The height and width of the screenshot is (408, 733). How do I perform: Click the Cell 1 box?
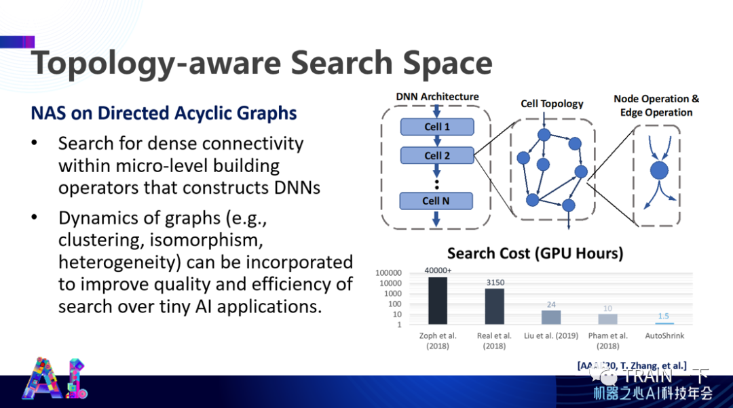pos(436,127)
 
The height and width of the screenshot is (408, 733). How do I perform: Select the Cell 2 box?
pos(436,156)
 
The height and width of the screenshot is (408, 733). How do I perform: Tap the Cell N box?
pos(436,201)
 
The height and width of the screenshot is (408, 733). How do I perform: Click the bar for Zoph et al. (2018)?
pos(438,301)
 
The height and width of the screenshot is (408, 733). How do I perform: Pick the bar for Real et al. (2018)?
pos(494,306)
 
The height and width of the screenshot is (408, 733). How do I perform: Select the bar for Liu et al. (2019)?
pos(550,317)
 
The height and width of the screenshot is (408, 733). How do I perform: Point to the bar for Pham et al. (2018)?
pos(607,319)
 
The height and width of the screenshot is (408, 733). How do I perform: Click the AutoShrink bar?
pos(664,323)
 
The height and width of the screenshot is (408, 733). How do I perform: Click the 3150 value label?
pos(495,283)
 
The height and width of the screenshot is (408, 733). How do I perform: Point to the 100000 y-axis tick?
pos(389,272)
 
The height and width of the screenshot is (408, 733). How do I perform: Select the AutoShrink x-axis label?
pos(664,335)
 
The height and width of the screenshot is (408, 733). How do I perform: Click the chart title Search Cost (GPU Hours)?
pos(535,253)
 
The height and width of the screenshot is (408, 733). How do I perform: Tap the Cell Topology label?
pos(552,104)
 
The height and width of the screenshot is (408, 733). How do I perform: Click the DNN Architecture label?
pos(437,97)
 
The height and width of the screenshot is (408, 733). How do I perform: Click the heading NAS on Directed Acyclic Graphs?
pos(164,113)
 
